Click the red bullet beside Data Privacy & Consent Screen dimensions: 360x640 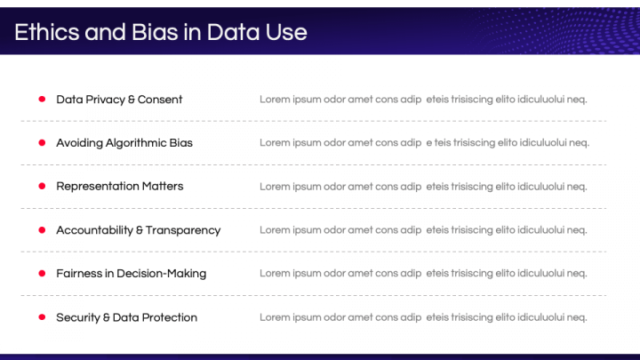coord(42,100)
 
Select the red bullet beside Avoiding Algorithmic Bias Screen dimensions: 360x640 coord(42,142)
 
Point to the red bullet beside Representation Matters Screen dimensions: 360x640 coord(42,186)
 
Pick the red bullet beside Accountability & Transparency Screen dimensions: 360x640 coord(42,229)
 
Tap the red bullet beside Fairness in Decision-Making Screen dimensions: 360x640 coord(42,273)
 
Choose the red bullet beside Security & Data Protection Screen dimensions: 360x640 coord(42,316)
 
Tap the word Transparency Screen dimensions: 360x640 coord(183,230)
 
